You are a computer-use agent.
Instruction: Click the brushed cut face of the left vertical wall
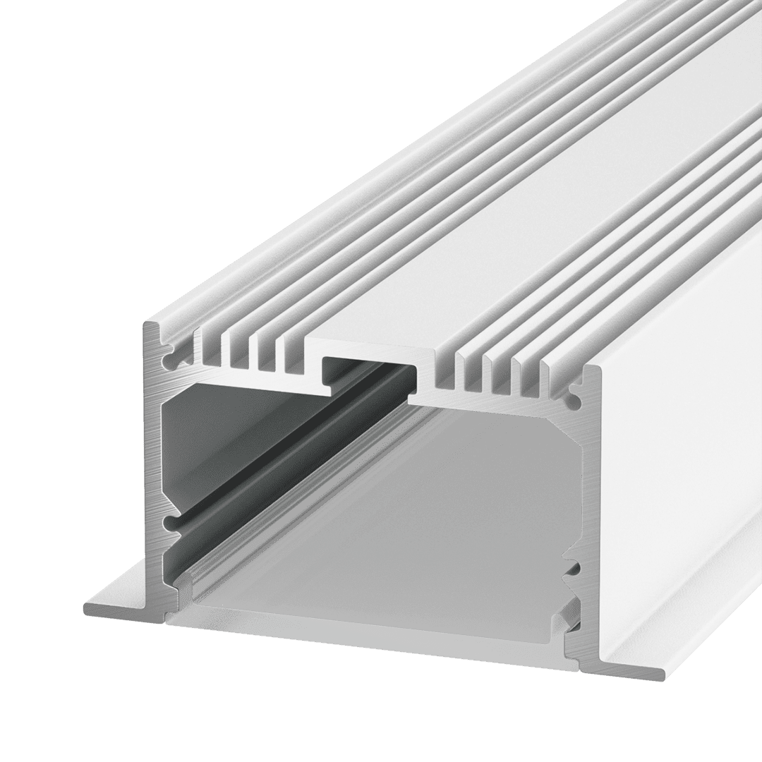(153, 459)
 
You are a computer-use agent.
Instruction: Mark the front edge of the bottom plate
(367, 639)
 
